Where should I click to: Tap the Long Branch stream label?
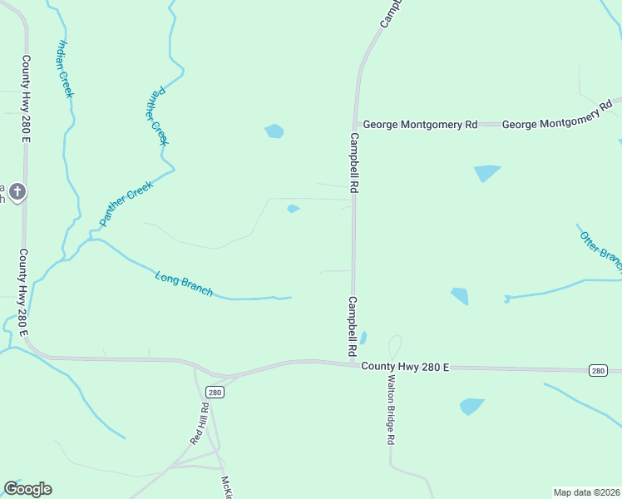point(184,284)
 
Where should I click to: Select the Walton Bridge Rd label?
point(390,409)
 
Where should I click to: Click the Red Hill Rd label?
point(200,423)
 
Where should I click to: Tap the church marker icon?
point(17,193)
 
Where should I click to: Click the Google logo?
point(27,489)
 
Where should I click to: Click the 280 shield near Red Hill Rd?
point(215,392)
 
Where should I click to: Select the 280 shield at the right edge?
point(597,370)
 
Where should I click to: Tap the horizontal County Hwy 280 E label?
point(405,366)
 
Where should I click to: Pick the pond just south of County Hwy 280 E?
point(471,407)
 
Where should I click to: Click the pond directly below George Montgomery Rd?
point(487,173)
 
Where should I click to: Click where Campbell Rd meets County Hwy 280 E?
point(354,362)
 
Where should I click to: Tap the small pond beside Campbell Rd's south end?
point(363,338)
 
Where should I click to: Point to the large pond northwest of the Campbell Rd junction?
point(274,131)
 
